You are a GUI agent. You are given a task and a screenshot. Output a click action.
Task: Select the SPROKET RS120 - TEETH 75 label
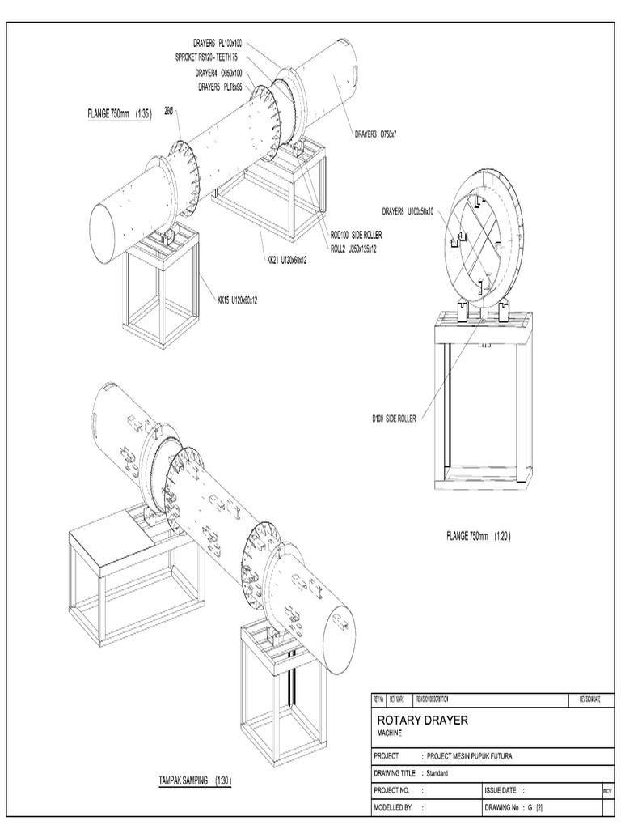(x=206, y=57)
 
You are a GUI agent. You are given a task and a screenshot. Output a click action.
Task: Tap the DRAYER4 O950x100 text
(x=218, y=73)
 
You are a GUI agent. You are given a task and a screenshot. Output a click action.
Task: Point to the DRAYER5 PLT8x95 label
(x=220, y=87)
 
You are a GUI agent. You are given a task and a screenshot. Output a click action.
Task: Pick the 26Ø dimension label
(x=170, y=110)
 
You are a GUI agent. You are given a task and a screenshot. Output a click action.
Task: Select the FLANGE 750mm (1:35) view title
(x=119, y=113)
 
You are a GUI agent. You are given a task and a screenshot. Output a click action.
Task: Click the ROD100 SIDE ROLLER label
(x=357, y=234)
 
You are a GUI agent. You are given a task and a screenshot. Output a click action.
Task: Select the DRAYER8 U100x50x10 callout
(x=408, y=211)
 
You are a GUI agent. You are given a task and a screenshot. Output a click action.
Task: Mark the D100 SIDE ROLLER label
(x=394, y=419)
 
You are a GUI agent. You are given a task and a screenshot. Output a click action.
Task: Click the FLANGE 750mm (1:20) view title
(x=479, y=536)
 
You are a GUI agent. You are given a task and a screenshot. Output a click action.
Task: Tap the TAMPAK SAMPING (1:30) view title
(x=195, y=780)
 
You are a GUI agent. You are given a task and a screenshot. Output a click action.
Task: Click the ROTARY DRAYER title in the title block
(x=422, y=720)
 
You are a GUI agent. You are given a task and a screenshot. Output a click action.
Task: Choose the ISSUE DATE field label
(x=502, y=790)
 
